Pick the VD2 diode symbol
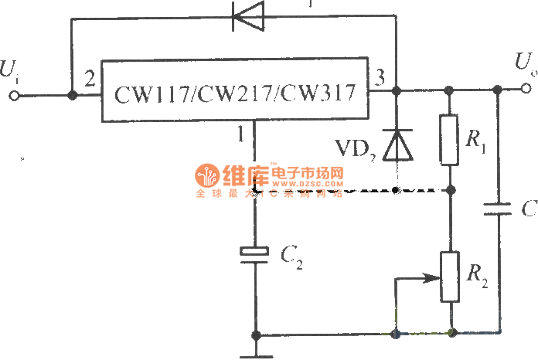click(397, 144)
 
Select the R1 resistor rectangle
click(450, 139)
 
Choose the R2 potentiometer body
click(450, 277)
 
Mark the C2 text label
click(290, 254)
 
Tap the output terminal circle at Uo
click(527, 90)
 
